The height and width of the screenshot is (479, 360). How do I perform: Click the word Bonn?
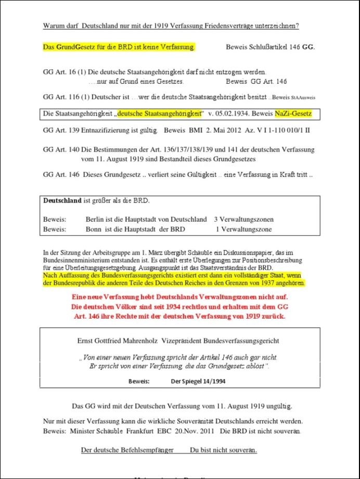(x=93, y=229)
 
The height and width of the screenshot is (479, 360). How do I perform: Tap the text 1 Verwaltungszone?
(x=243, y=229)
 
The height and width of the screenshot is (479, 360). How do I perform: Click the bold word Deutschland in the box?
(x=62, y=200)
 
